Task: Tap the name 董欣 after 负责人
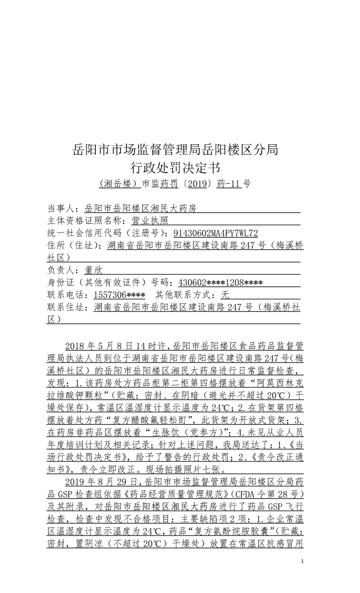coord(94,270)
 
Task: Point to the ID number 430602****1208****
coord(221,283)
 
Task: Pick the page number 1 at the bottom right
coord(302,561)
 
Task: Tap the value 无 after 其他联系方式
coord(225,295)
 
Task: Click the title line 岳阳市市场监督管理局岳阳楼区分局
coord(175,150)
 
